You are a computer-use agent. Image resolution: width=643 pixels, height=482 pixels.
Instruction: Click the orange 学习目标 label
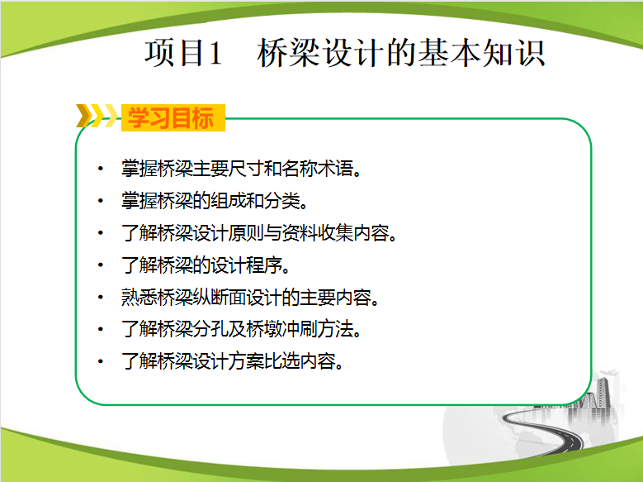click(173, 118)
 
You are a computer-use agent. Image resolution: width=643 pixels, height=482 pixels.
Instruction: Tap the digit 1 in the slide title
click(215, 54)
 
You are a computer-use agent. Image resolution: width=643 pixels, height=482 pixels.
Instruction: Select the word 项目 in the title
click(175, 53)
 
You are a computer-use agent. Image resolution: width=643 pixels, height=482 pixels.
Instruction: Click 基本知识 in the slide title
click(482, 53)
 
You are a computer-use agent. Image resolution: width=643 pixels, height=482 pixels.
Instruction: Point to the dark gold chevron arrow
click(83, 116)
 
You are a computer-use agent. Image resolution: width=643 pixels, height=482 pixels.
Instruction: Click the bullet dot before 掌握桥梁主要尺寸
click(100, 169)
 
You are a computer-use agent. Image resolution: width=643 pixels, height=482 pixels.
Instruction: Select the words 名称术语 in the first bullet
click(317, 169)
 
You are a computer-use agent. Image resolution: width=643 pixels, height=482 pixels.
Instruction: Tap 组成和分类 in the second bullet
click(256, 201)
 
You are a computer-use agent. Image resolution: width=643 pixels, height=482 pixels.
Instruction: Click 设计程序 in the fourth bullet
click(247, 265)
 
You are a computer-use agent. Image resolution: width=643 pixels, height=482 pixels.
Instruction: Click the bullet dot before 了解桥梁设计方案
click(100, 361)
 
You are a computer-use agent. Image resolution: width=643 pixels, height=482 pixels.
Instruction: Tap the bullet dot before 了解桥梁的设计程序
click(100, 265)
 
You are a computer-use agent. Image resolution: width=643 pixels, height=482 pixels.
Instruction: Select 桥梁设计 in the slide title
click(321, 53)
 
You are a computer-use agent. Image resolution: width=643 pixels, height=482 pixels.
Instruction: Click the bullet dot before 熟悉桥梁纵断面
click(100, 297)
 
